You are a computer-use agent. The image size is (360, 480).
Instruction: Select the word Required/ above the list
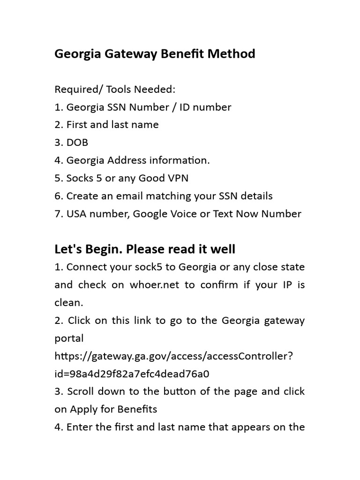pyautogui.click(x=76, y=89)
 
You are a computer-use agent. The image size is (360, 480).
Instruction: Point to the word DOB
pyautogui.click(x=77, y=142)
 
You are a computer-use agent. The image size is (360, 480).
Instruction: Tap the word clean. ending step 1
pyautogui.click(x=68, y=303)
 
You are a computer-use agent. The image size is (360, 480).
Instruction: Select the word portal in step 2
pyautogui.click(x=69, y=338)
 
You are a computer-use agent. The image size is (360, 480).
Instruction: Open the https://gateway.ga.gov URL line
pyautogui.click(x=174, y=356)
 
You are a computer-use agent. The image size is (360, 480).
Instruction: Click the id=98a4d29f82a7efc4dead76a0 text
pyautogui.click(x=132, y=374)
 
